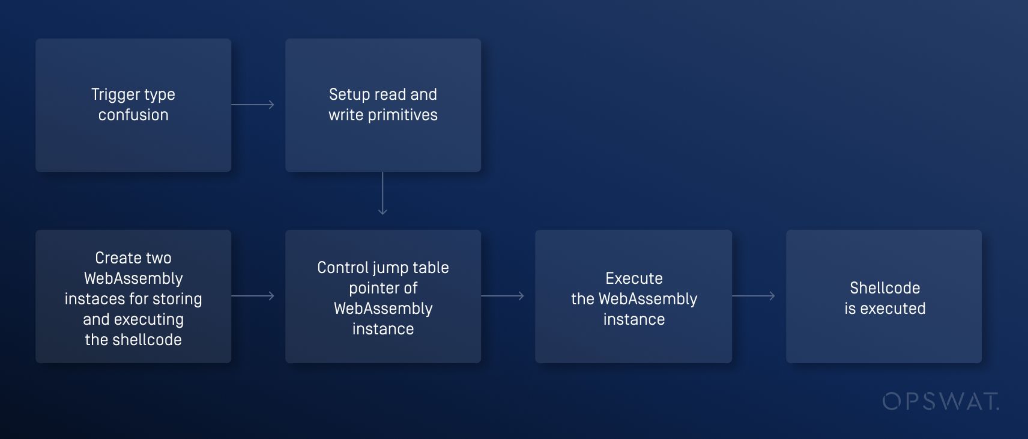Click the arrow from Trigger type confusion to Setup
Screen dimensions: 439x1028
coord(253,105)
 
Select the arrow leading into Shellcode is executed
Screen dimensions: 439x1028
coord(754,296)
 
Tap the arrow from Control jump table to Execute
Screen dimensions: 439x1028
coord(503,296)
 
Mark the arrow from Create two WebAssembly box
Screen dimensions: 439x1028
coord(253,296)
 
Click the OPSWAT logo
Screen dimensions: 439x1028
coord(940,401)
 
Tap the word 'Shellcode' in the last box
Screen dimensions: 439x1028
coord(884,288)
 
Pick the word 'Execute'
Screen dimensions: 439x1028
coord(634,278)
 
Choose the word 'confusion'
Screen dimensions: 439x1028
coord(133,115)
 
